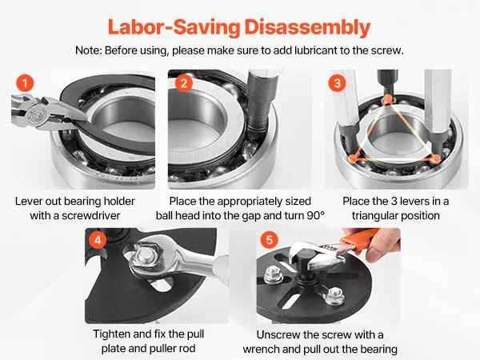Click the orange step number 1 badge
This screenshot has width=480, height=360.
[25, 83]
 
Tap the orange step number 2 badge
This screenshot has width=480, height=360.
[184, 83]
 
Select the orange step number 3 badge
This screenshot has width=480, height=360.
[337, 83]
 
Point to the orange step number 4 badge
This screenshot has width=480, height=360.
[98, 240]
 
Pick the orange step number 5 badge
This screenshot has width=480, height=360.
[269, 240]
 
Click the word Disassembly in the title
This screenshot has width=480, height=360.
[307, 28]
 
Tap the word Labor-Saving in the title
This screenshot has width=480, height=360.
[174, 28]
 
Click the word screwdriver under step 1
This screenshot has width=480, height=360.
[90, 215]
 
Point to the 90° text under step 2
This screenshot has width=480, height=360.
[316, 215]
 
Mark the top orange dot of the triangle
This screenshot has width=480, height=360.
[387, 98]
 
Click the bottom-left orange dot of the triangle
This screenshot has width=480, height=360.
[353, 158]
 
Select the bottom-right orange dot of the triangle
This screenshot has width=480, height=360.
[435, 158]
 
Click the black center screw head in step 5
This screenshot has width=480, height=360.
[304, 258]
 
